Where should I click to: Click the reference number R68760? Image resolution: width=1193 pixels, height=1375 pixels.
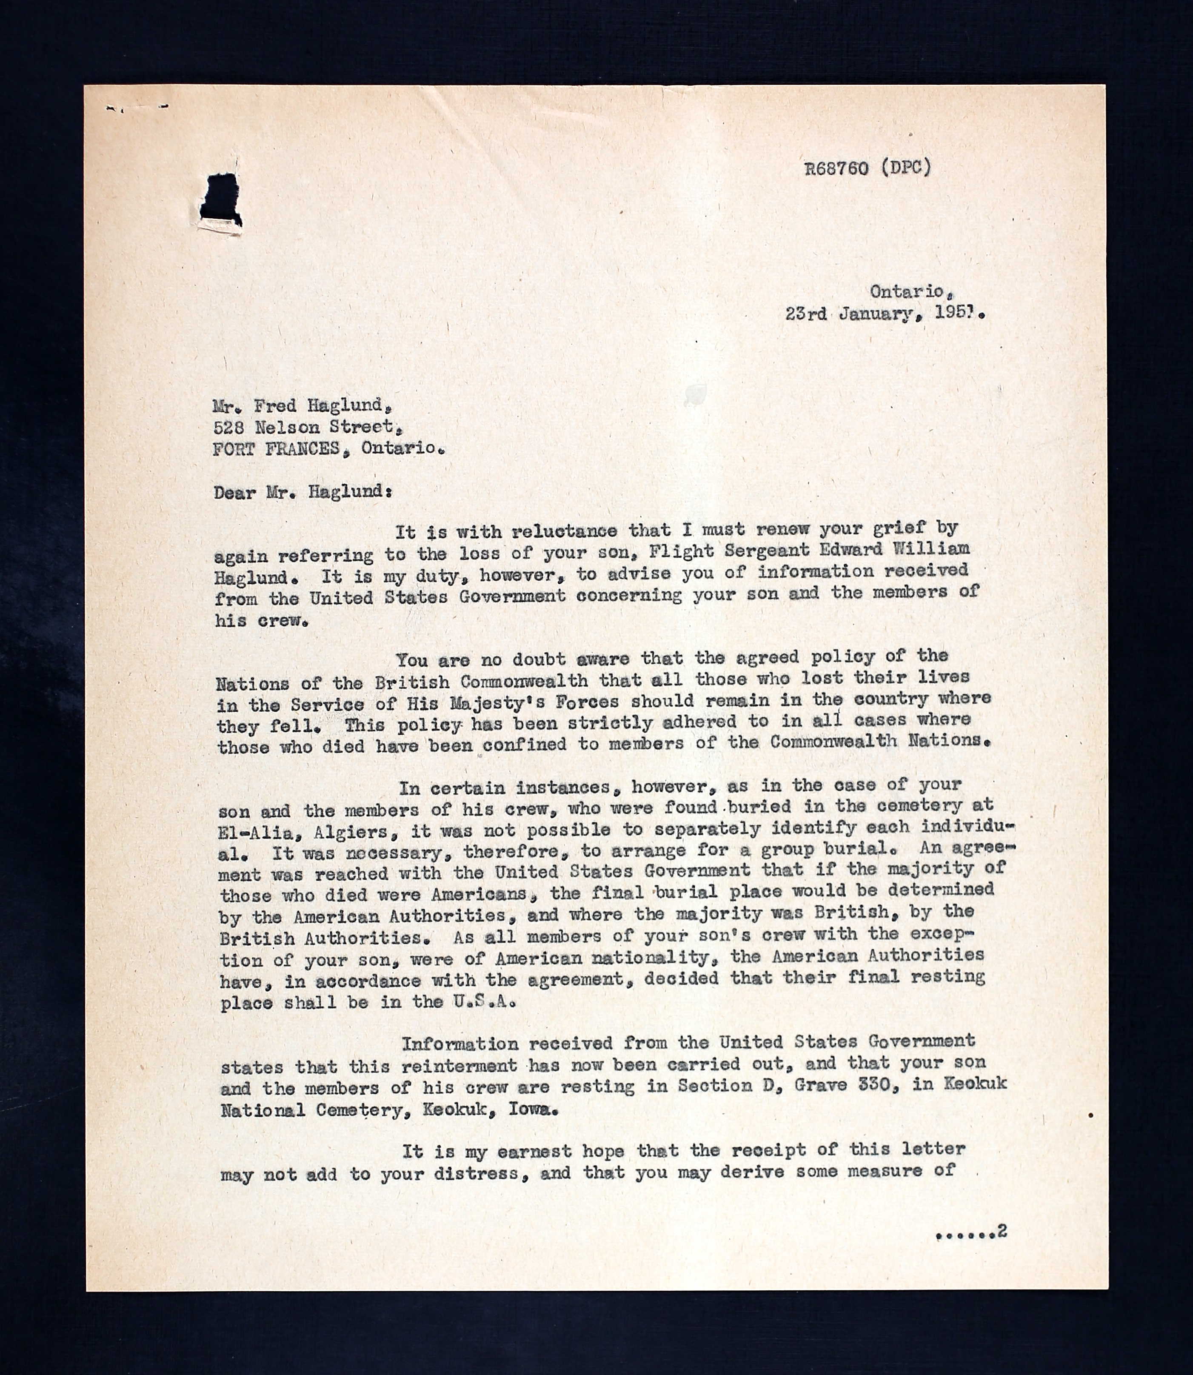point(836,168)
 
